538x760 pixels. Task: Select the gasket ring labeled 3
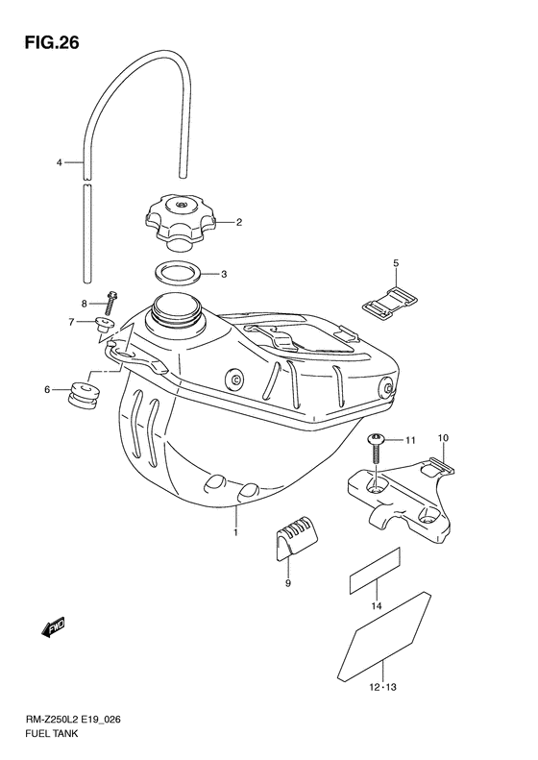coord(178,273)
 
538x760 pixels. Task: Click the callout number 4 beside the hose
coord(59,163)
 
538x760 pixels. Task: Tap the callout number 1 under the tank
coord(233,529)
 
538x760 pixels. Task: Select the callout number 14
coord(377,606)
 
